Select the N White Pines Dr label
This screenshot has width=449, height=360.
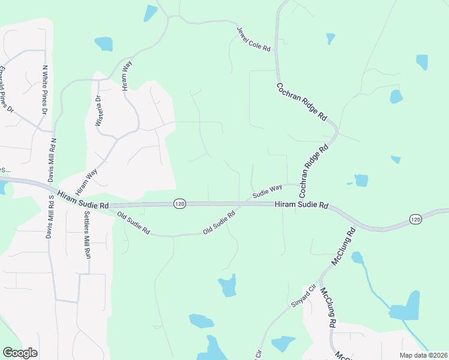point(44,90)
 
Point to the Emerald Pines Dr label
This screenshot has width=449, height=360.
point(7,89)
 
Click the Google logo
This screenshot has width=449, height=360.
point(20,353)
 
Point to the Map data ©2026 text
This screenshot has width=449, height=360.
point(424,355)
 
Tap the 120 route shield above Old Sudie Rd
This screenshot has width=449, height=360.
point(179,204)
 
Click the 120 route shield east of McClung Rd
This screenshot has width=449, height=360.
point(415,220)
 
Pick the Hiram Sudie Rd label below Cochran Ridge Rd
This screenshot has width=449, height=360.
point(301,205)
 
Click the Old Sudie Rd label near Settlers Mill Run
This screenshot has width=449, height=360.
point(133,223)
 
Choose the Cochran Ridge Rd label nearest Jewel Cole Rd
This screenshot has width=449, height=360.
point(301,101)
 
